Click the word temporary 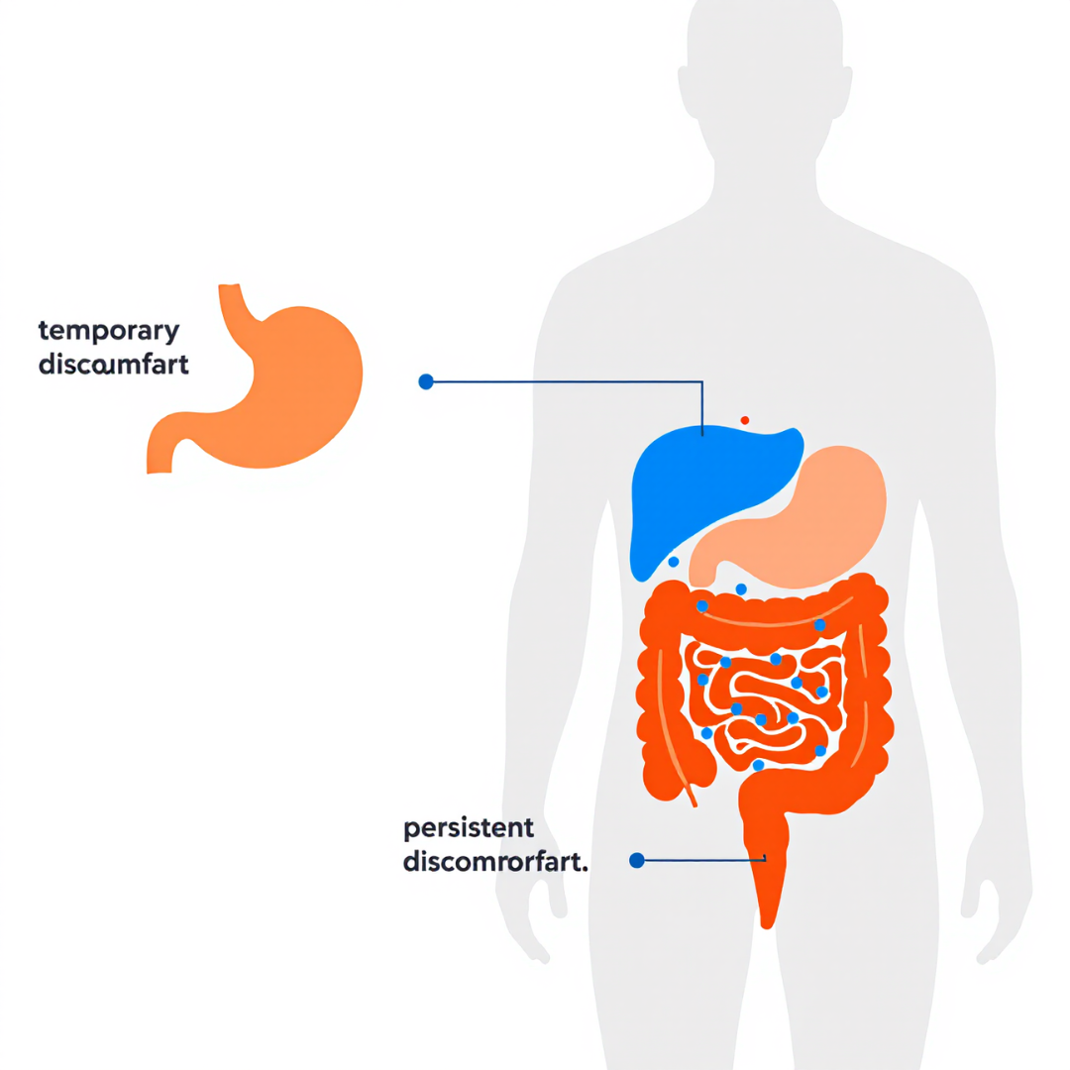coord(108,331)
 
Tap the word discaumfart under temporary coord(113,364)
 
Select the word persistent coord(469,827)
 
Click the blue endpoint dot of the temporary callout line coord(426,381)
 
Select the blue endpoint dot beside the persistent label coord(637,860)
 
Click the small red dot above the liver coord(745,420)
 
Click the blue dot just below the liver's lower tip coord(674,562)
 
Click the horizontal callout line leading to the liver coord(565,381)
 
